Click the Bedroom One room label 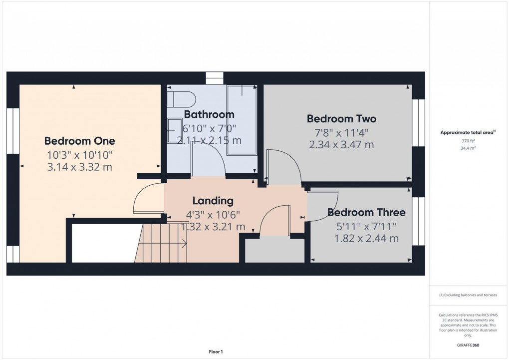(x=79, y=141)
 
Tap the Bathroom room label (x=209, y=115)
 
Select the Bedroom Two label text (x=341, y=119)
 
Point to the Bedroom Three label (x=366, y=213)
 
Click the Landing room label (x=213, y=201)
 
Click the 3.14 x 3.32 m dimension (x=79, y=167)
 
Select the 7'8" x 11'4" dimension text (x=341, y=133)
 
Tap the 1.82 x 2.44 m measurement (x=366, y=239)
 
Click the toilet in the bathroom (x=177, y=99)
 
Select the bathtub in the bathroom (x=242, y=120)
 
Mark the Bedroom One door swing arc (x=145, y=199)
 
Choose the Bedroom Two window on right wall (x=418, y=123)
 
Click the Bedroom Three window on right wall (x=418, y=221)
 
